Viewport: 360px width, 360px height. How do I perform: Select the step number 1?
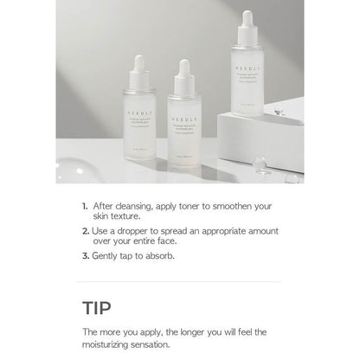[x=84, y=207]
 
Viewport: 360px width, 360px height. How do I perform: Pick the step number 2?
[x=84, y=232]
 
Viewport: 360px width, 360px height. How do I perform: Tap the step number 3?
[x=84, y=256]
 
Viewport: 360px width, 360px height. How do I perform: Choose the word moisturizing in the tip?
[x=117, y=344]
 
